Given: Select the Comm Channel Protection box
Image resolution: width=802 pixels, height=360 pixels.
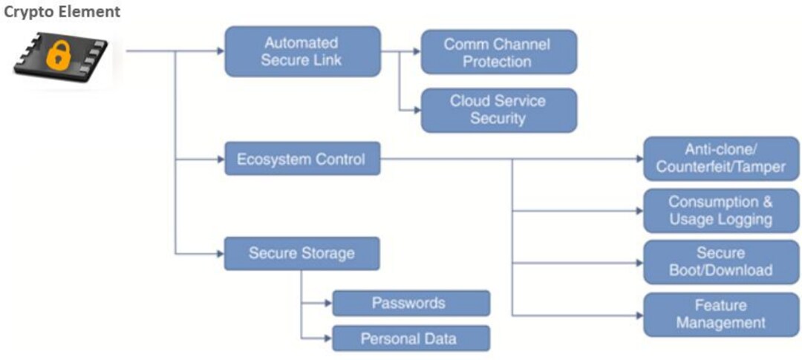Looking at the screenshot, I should [498, 52].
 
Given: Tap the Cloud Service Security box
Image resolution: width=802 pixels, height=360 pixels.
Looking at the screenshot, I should [498, 110].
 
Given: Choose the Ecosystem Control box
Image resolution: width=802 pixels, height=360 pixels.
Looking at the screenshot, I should [302, 159].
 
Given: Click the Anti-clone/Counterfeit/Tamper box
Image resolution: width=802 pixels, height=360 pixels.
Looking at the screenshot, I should [720, 158].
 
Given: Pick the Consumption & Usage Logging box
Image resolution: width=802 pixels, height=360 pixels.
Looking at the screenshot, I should [720, 211].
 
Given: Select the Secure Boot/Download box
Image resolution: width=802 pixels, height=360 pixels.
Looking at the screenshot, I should [720, 262].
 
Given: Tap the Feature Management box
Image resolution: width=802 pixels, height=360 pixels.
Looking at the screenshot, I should [720, 314].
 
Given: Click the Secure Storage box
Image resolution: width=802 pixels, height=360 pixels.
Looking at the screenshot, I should [302, 253].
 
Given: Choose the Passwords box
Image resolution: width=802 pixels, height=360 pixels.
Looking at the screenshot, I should [410, 303].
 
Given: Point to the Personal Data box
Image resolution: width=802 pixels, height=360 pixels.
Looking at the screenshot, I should [410, 338].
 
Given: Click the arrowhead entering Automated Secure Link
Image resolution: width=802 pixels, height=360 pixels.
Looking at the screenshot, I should [220, 51].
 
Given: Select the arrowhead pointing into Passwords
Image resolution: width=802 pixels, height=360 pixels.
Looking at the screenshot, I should [327, 303].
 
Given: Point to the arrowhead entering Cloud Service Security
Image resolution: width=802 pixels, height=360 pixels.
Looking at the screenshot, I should [416, 110].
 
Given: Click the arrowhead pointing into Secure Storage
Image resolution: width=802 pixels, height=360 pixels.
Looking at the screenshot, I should [220, 253].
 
